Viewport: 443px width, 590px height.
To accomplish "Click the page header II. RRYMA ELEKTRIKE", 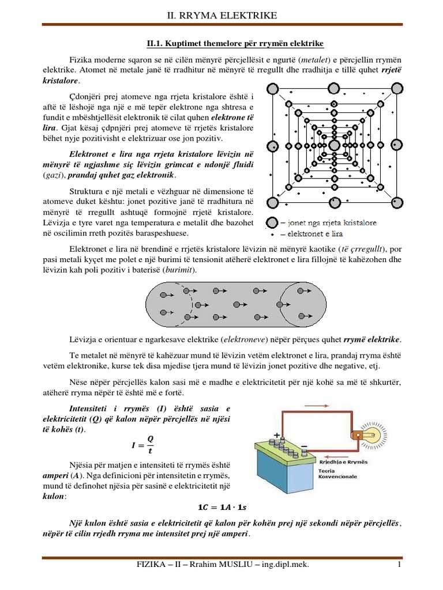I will click(x=221, y=14).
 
